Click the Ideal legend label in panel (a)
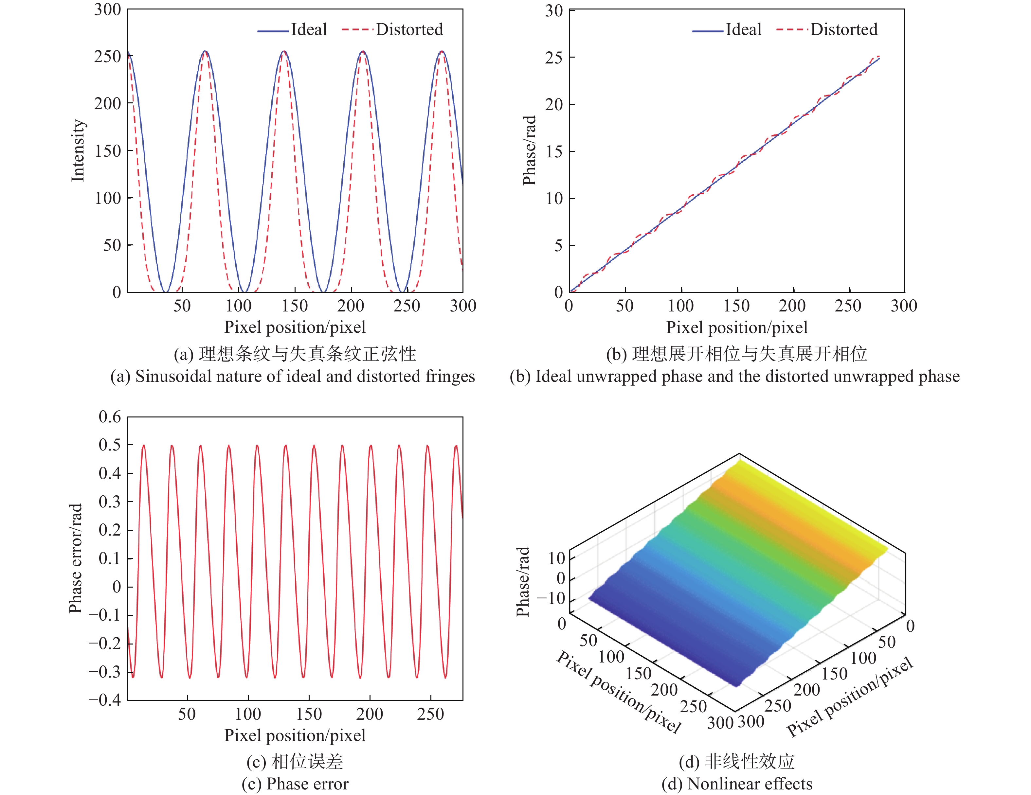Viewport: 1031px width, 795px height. click(x=309, y=30)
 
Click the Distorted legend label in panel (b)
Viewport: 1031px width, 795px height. click(x=844, y=30)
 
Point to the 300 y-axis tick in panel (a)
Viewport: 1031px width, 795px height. click(x=108, y=9)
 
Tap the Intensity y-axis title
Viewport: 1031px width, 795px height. click(x=78, y=150)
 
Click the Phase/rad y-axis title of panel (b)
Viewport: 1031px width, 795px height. click(x=530, y=150)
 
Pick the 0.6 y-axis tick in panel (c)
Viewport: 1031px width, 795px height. click(x=110, y=416)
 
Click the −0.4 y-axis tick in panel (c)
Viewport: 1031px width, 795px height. click(x=105, y=699)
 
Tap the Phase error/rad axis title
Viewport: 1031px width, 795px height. click(x=76, y=558)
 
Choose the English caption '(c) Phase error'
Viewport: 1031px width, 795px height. click(x=295, y=784)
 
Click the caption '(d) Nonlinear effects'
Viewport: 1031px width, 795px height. click(x=737, y=784)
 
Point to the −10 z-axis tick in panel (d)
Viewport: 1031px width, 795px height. click(x=551, y=598)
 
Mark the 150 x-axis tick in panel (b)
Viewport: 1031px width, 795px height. click(x=736, y=306)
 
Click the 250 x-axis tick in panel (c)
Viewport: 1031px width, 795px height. click(x=430, y=714)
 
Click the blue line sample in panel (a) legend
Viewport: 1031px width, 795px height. click(x=273, y=31)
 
